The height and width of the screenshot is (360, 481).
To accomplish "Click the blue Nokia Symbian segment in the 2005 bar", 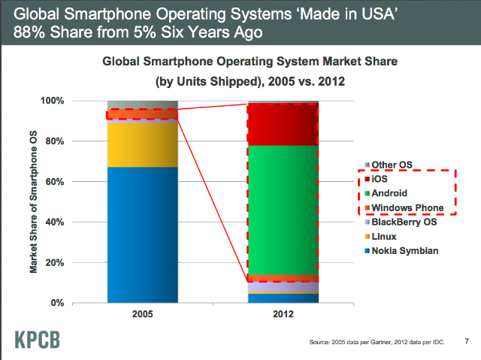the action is click(143, 235).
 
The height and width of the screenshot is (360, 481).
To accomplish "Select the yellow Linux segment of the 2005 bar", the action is click(143, 145).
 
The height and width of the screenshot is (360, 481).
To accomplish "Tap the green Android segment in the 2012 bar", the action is click(283, 210).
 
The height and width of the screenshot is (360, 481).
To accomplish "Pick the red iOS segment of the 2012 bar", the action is click(283, 125).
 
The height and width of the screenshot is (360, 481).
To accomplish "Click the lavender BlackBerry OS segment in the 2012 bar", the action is click(283, 287).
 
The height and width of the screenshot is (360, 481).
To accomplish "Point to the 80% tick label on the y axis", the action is click(55, 141).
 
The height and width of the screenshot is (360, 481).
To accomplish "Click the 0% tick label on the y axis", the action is click(57, 303).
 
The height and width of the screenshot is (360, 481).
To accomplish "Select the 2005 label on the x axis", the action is click(142, 314).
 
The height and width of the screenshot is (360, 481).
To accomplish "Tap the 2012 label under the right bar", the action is click(283, 314).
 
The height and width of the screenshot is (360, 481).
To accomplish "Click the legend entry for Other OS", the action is click(389, 165).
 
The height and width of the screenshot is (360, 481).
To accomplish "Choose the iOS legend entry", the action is click(376, 179).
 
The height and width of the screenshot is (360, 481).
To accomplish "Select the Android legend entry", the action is click(386, 193).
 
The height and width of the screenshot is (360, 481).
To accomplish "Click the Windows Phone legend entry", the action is click(404, 207).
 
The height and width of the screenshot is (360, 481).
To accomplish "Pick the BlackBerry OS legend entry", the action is click(401, 222).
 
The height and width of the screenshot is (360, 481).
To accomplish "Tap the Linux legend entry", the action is click(380, 237).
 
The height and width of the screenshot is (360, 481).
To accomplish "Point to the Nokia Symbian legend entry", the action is click(401, 251).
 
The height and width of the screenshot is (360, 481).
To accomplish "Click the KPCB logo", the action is click(37, 340).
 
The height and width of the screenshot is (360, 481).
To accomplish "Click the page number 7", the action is click(467, 341).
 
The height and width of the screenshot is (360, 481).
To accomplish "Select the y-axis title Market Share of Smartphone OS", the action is click(33, 201).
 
